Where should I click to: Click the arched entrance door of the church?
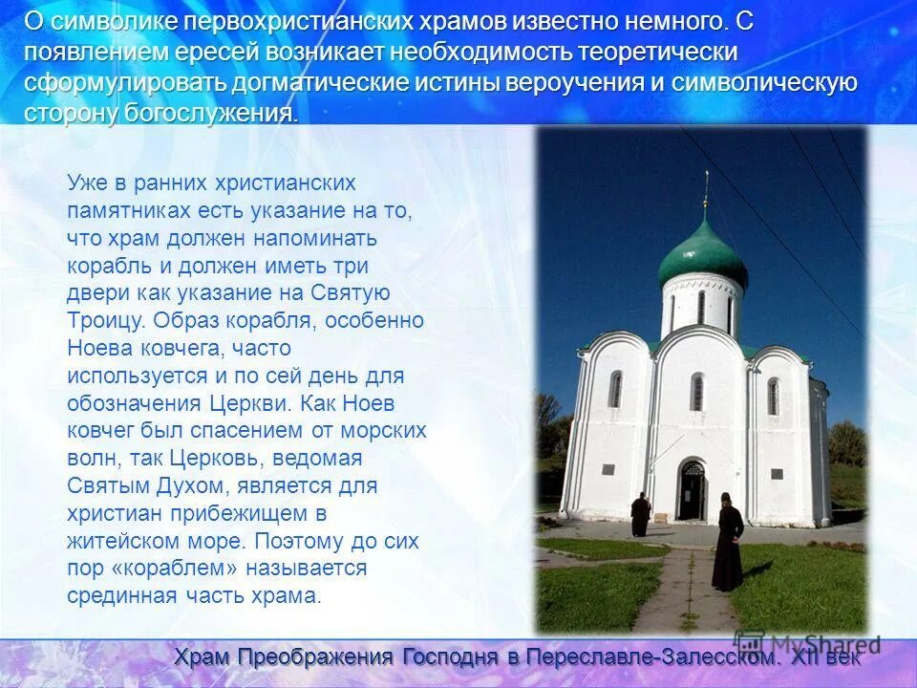(x=692, y=489)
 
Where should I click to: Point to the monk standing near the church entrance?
(x=640, y=514)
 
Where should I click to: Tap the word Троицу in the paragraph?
(x=106, y=320)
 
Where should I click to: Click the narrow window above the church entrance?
(x=697, y=392)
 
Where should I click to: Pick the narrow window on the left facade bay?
(x=615, y=389)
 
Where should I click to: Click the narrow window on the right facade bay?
(x=773, y=396)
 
